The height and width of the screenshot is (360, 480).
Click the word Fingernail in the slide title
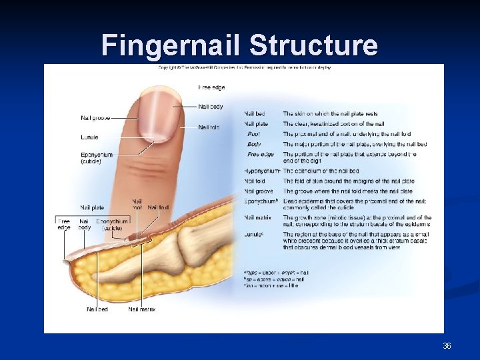tap(171, 45)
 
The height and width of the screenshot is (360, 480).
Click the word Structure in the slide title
tap(313, 45)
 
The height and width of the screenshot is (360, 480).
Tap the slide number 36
tap(447, 346)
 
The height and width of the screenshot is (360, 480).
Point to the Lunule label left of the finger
tap(89, 137)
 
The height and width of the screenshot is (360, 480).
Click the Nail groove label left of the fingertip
tap(95, 119)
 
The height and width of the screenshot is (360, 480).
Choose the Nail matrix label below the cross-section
tap(142, 309)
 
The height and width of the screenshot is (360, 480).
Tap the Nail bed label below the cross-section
tap(97, 309)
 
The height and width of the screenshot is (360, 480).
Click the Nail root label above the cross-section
tap(137, 204)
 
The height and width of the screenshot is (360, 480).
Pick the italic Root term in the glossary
tap(253, 134)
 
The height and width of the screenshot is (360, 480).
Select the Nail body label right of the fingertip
tap(211, 107)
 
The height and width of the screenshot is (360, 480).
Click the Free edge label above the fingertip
tap(211, 87)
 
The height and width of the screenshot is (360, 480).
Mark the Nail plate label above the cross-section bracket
tap(92, 207)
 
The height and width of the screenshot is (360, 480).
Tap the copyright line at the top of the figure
tap(244, 67)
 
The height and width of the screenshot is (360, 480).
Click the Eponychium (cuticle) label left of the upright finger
tap(96, 158)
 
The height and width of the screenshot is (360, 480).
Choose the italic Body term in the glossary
tap(254, 144)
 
